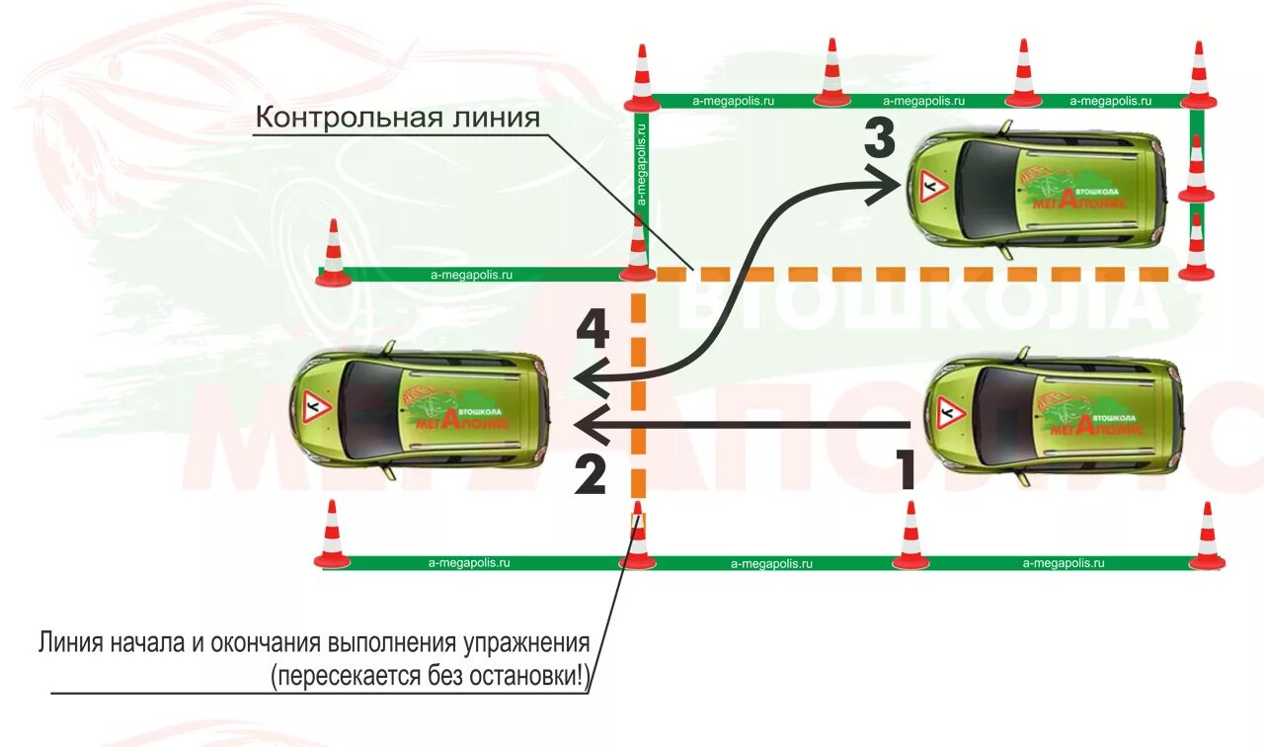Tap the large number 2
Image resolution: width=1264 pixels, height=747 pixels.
pyautogui.click(x=590, y=475)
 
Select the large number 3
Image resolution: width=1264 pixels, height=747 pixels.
pyautogui.click(x=879, y=138)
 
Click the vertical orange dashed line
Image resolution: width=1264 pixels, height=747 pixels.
pyautogui.click(x=638, y=395)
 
